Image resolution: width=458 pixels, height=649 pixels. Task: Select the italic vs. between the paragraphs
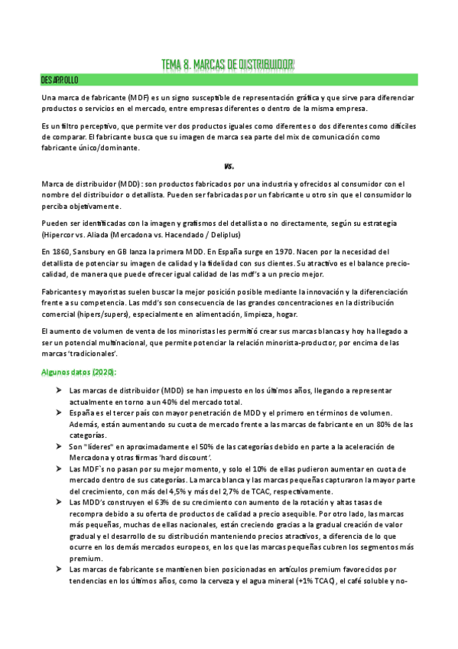[229, 166]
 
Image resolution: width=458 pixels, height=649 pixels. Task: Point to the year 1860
[61, 251]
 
